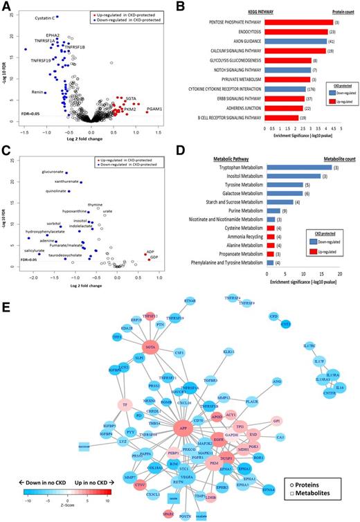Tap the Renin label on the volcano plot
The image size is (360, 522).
tap(39, 92)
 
